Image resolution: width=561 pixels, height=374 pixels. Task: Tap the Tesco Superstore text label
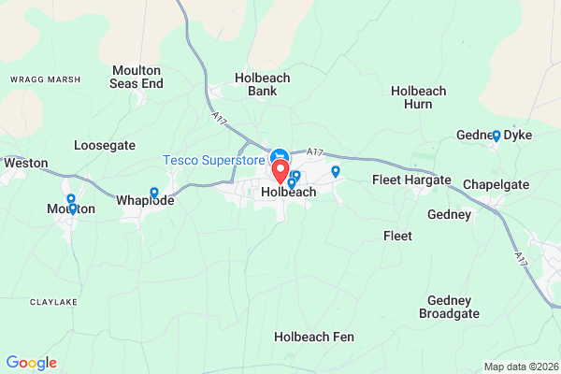pos(214,160)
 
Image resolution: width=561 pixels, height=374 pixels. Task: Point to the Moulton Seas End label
pos(137,77)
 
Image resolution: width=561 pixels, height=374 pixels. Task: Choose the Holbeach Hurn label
pos(419,97)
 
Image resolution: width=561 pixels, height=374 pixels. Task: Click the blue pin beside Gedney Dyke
pos(496,135)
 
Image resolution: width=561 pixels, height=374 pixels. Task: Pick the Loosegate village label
pos(105,146)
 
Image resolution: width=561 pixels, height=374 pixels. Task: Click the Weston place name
pos(25,162)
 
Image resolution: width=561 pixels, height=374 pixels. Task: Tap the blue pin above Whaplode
pos(154,193)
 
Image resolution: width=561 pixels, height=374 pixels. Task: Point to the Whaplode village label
pos(145,200)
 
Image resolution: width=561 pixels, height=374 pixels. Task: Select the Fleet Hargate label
pos(411,180)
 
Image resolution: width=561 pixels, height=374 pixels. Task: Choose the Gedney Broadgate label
pos(453,307)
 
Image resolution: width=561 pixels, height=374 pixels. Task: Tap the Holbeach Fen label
pos(313,336)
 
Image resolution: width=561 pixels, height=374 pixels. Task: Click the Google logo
pos(31,363)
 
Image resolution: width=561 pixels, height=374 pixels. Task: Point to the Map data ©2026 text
pos(520,366)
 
